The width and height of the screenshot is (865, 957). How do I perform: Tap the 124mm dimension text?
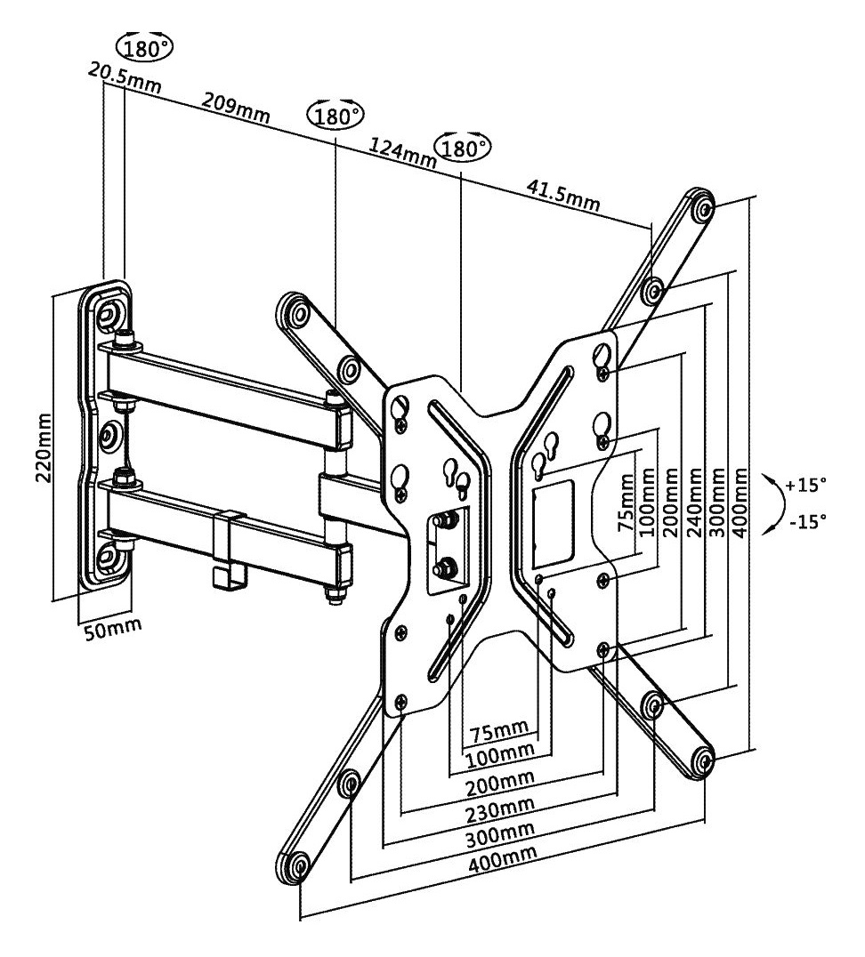[x=401, y=153]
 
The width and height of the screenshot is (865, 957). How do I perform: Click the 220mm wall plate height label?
[x=44, y=448]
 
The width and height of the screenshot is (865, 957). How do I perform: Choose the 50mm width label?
[x=112, y=628]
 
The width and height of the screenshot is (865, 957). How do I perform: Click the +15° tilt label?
[x=805, y=486]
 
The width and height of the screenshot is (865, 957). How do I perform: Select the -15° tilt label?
[x=807, y=520]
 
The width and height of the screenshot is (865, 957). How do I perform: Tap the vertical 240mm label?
[x=694, y=503]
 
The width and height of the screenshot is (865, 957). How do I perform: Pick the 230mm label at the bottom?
[x=500, y=809]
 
